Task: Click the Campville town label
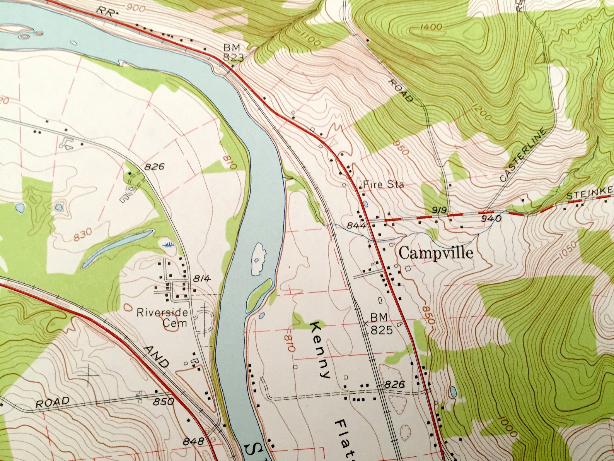(436, 254)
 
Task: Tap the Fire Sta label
(383, 185)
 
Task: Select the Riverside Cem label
(162, 317)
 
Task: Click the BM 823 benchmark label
(233, 53)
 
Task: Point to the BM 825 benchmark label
(381, 324)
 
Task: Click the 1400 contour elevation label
(430, 27)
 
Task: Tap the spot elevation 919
(440, 210)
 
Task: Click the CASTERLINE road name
(523, 155)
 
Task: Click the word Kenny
(321, 349)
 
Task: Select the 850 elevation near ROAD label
(163, 401)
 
